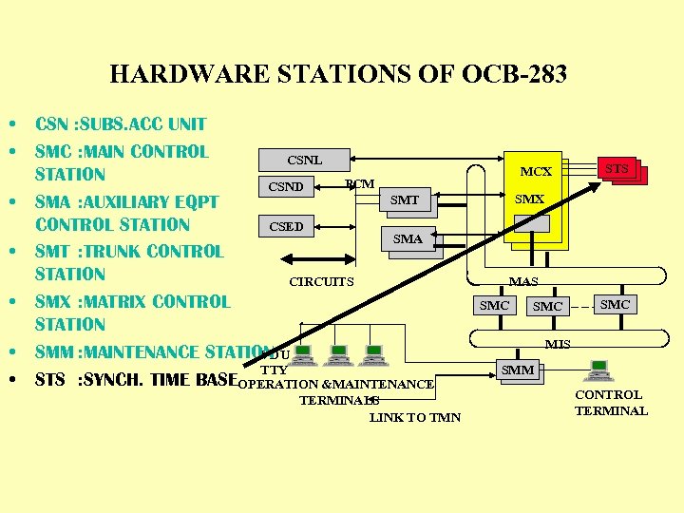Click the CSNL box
(304, 160)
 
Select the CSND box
(285, 186)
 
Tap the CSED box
(286, 226)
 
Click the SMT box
(405, 199)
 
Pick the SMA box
(408, 239)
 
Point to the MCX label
(536, 172)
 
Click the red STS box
(618, 169)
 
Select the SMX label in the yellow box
(529, 199)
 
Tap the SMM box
(518, 370)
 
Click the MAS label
(523, 281)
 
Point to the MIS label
(558, 344)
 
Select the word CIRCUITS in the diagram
(321, 281)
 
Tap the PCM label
(360, 183)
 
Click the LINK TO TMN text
(415, 417)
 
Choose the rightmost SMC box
(616, 304)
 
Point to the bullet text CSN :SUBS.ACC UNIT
(121, 123)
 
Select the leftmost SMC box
(494, 305)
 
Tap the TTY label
(274, 370)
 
